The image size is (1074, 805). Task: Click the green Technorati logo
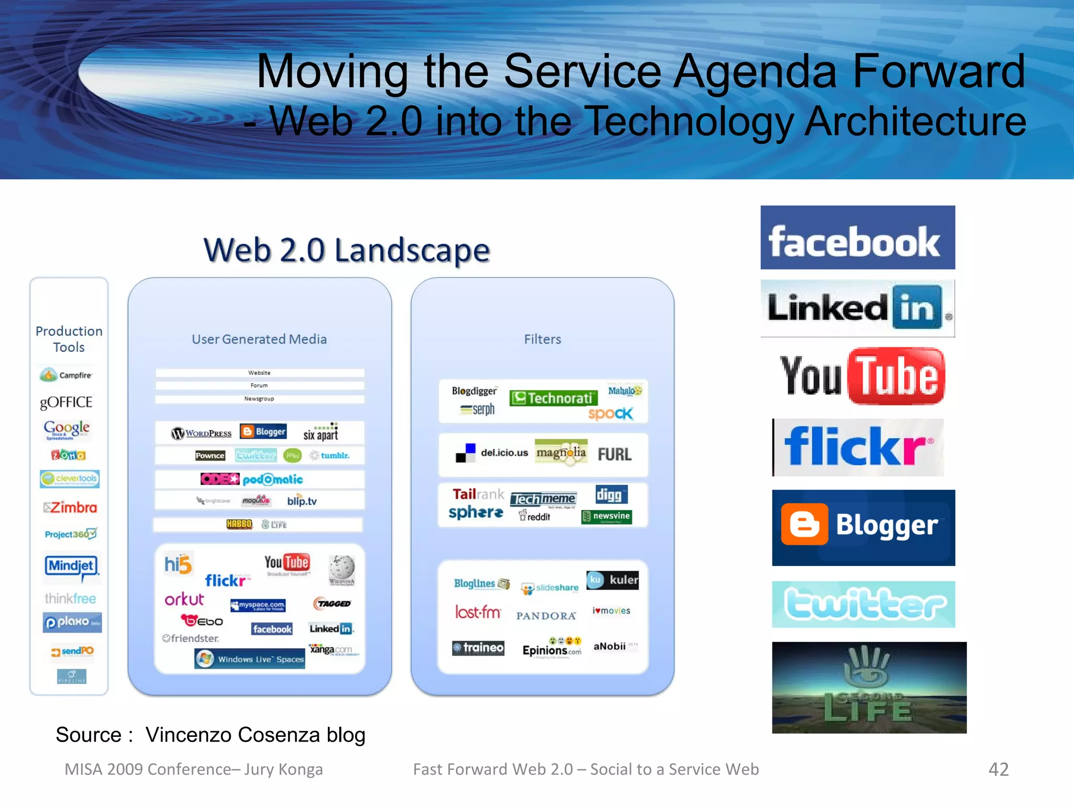(x=553, y=398)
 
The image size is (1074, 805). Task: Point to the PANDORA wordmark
(x=546, y=616)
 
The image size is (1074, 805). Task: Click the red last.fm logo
(x=478, y=612)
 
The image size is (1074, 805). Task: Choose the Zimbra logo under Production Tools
(x=70, y=507)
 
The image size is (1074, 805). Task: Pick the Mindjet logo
(x=72, y=567)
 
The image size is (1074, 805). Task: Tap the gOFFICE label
(x=67, y=402)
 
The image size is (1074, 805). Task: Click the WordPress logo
(x=201, y=433)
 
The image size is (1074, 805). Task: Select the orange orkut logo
(x=184, y=599)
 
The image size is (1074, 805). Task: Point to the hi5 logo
(x=178, y=564)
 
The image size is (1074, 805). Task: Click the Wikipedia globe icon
(x=342, y=569)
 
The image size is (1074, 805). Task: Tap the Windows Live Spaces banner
(x=250, y=659)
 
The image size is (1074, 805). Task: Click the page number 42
(x=998, y=769)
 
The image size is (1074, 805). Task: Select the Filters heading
(x=542, y=340)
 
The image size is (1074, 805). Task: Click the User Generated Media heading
(x=259, y=340)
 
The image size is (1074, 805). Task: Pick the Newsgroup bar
(x=259, y=399)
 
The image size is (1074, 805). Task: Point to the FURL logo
(x=615, y=454)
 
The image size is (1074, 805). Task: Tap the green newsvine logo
(x=607, y=517)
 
